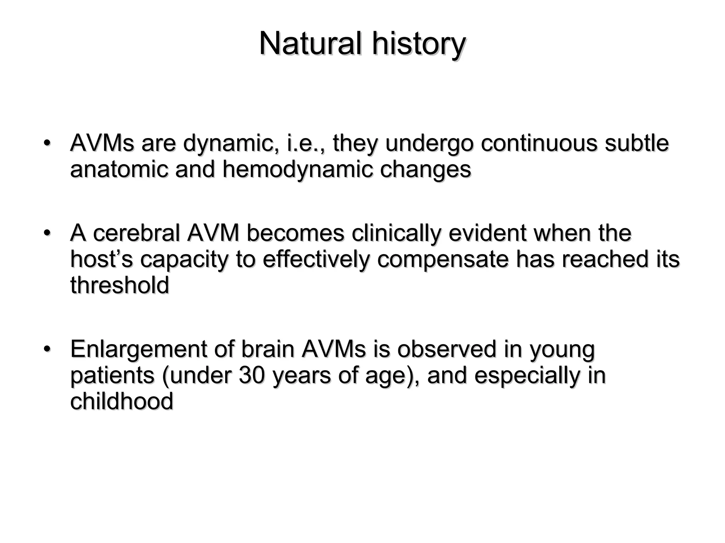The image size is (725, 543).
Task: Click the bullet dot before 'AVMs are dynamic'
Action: (x=46, y=143)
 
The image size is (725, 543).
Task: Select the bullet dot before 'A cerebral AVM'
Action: (x=46, y=233)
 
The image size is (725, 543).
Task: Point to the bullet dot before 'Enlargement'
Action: (x=46, y=349)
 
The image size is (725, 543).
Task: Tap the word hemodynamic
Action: (x=297, y=169)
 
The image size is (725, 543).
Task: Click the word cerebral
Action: (x=136, y=233)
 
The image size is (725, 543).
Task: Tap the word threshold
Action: (x=120, y=285)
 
